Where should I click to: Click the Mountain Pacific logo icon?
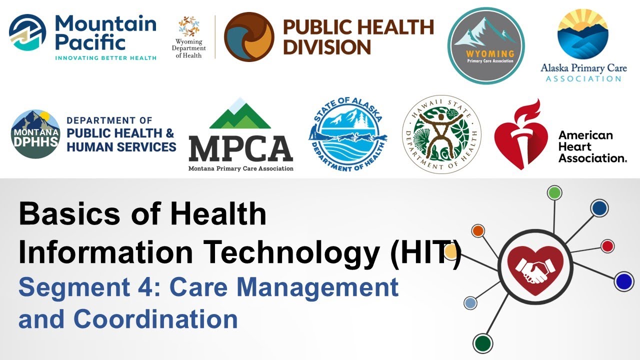[28, 32]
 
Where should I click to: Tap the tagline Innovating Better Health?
[105, 58]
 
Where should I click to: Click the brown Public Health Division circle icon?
[249, 37]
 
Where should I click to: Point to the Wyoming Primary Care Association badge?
[485, 45]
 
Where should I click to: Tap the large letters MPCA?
[240, 148]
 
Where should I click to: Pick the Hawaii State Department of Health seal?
[441, 134]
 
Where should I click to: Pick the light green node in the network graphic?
[554, 192]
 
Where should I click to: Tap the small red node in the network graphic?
[607, 246]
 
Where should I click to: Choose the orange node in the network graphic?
[478, 230]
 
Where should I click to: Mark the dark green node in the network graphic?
[482, 343]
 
